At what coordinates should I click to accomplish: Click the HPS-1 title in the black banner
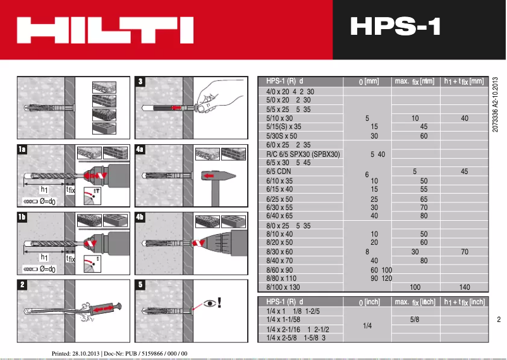[x=394, y=27]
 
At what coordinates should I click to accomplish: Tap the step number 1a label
[x=22, y=149]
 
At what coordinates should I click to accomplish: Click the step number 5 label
[x=140, y=284]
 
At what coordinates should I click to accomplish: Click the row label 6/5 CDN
[x=279, y=171]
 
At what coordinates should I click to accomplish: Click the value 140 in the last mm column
[x=465, y=287]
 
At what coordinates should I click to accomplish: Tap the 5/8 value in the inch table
[x=415, y=320]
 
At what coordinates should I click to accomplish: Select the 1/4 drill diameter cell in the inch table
[x=367, y=326]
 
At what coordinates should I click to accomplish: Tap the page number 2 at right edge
[x=499, y=320]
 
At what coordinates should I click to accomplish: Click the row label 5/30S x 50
[x=282, y=136]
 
